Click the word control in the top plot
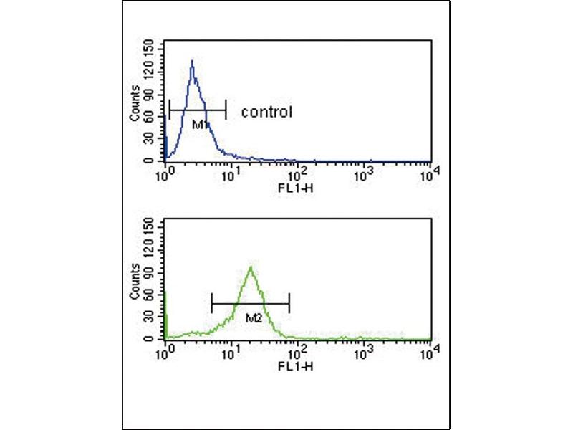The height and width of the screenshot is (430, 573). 266,112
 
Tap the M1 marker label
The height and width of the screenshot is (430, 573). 200,125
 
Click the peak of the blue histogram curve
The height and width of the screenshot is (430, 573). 192,62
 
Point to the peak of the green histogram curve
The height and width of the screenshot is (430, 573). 251,268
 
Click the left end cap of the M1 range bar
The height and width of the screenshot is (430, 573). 170,110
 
